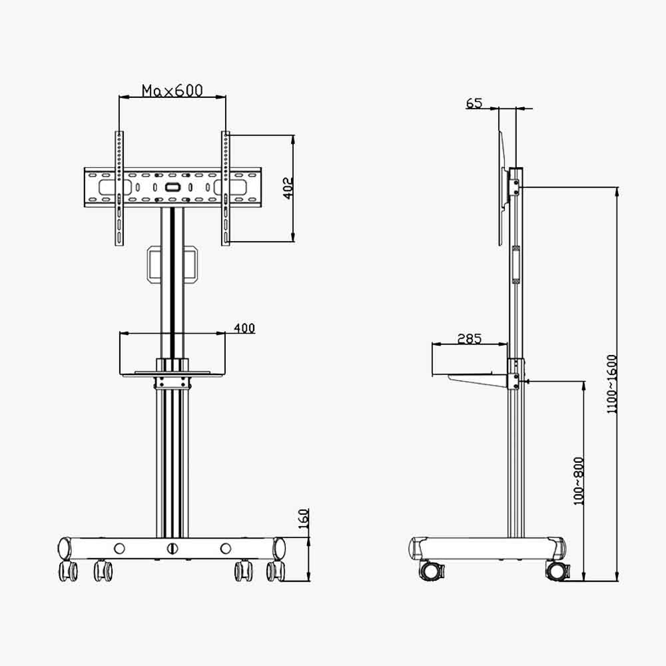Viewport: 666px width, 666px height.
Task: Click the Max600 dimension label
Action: pos(172,91)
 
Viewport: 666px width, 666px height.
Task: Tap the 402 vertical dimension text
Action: pos(288,188)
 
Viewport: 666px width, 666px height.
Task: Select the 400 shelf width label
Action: pos(244,328)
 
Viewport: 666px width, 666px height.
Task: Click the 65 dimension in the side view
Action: pos(474,103)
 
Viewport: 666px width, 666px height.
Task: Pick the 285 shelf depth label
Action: pos(470,338)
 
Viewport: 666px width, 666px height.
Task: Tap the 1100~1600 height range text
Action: pos(612,384)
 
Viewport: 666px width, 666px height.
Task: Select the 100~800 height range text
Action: pos(578,480)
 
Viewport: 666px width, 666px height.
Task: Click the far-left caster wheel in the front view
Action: pos(68,571)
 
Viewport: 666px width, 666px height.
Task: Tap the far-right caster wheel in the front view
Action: pos(275,571)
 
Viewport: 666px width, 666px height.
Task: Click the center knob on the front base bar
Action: pos(172,549)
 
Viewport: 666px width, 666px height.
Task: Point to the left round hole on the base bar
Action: pos(119,549)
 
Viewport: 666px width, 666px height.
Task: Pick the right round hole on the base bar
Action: pos(226,549)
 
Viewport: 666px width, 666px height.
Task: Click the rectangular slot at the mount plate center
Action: pos(172,187)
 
